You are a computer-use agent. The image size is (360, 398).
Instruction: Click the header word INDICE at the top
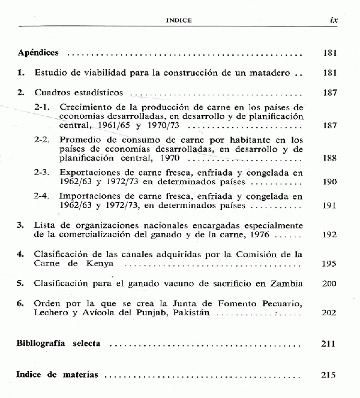(178, 20)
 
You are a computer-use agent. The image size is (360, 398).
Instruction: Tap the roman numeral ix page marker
(334, 19)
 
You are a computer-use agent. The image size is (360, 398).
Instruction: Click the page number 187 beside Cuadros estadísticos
(330, 93)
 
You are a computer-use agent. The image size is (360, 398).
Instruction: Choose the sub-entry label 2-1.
(42, 107)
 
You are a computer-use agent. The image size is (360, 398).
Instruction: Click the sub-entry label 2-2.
(42, 139)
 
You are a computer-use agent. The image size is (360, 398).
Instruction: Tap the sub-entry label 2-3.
(42, 171)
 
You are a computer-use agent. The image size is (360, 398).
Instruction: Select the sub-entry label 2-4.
(42, 195)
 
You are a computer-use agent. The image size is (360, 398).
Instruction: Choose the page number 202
(330, 313)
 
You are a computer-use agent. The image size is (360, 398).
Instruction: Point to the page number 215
(330, 375)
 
